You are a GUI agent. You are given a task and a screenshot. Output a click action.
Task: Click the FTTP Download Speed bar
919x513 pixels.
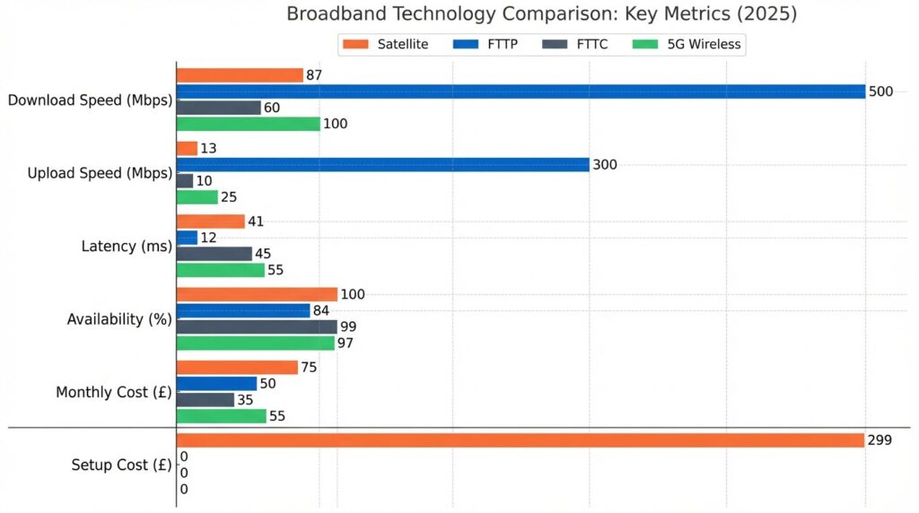click(521, 91)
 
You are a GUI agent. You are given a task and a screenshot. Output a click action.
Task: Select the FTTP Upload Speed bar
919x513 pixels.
click(382, 165)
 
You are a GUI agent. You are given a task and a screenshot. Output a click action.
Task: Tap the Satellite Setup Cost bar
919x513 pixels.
click(521, 440)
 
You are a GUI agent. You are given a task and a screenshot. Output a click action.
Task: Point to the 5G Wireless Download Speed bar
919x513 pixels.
click(248, 124)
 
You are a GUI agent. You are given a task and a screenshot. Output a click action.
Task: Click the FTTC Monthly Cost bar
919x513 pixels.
click(205, 400)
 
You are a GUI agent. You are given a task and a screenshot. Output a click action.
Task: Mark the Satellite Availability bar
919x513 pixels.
click(257, 294)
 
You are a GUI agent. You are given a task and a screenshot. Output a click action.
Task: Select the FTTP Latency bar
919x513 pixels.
click(187, 238)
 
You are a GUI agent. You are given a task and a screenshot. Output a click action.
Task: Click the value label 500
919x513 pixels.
click(880, 91)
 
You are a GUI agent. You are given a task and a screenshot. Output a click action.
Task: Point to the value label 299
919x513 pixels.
click(879, 440)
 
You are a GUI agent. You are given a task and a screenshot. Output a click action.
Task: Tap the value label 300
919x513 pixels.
click(605, 165)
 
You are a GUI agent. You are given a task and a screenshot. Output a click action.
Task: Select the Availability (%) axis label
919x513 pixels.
click(119, 319)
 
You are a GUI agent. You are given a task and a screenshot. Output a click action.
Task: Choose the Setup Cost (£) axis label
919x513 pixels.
click(121, 465)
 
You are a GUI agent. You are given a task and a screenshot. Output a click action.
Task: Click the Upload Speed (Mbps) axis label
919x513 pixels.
click(100, 173)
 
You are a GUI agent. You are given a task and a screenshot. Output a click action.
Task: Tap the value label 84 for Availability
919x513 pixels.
click(320, 310)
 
